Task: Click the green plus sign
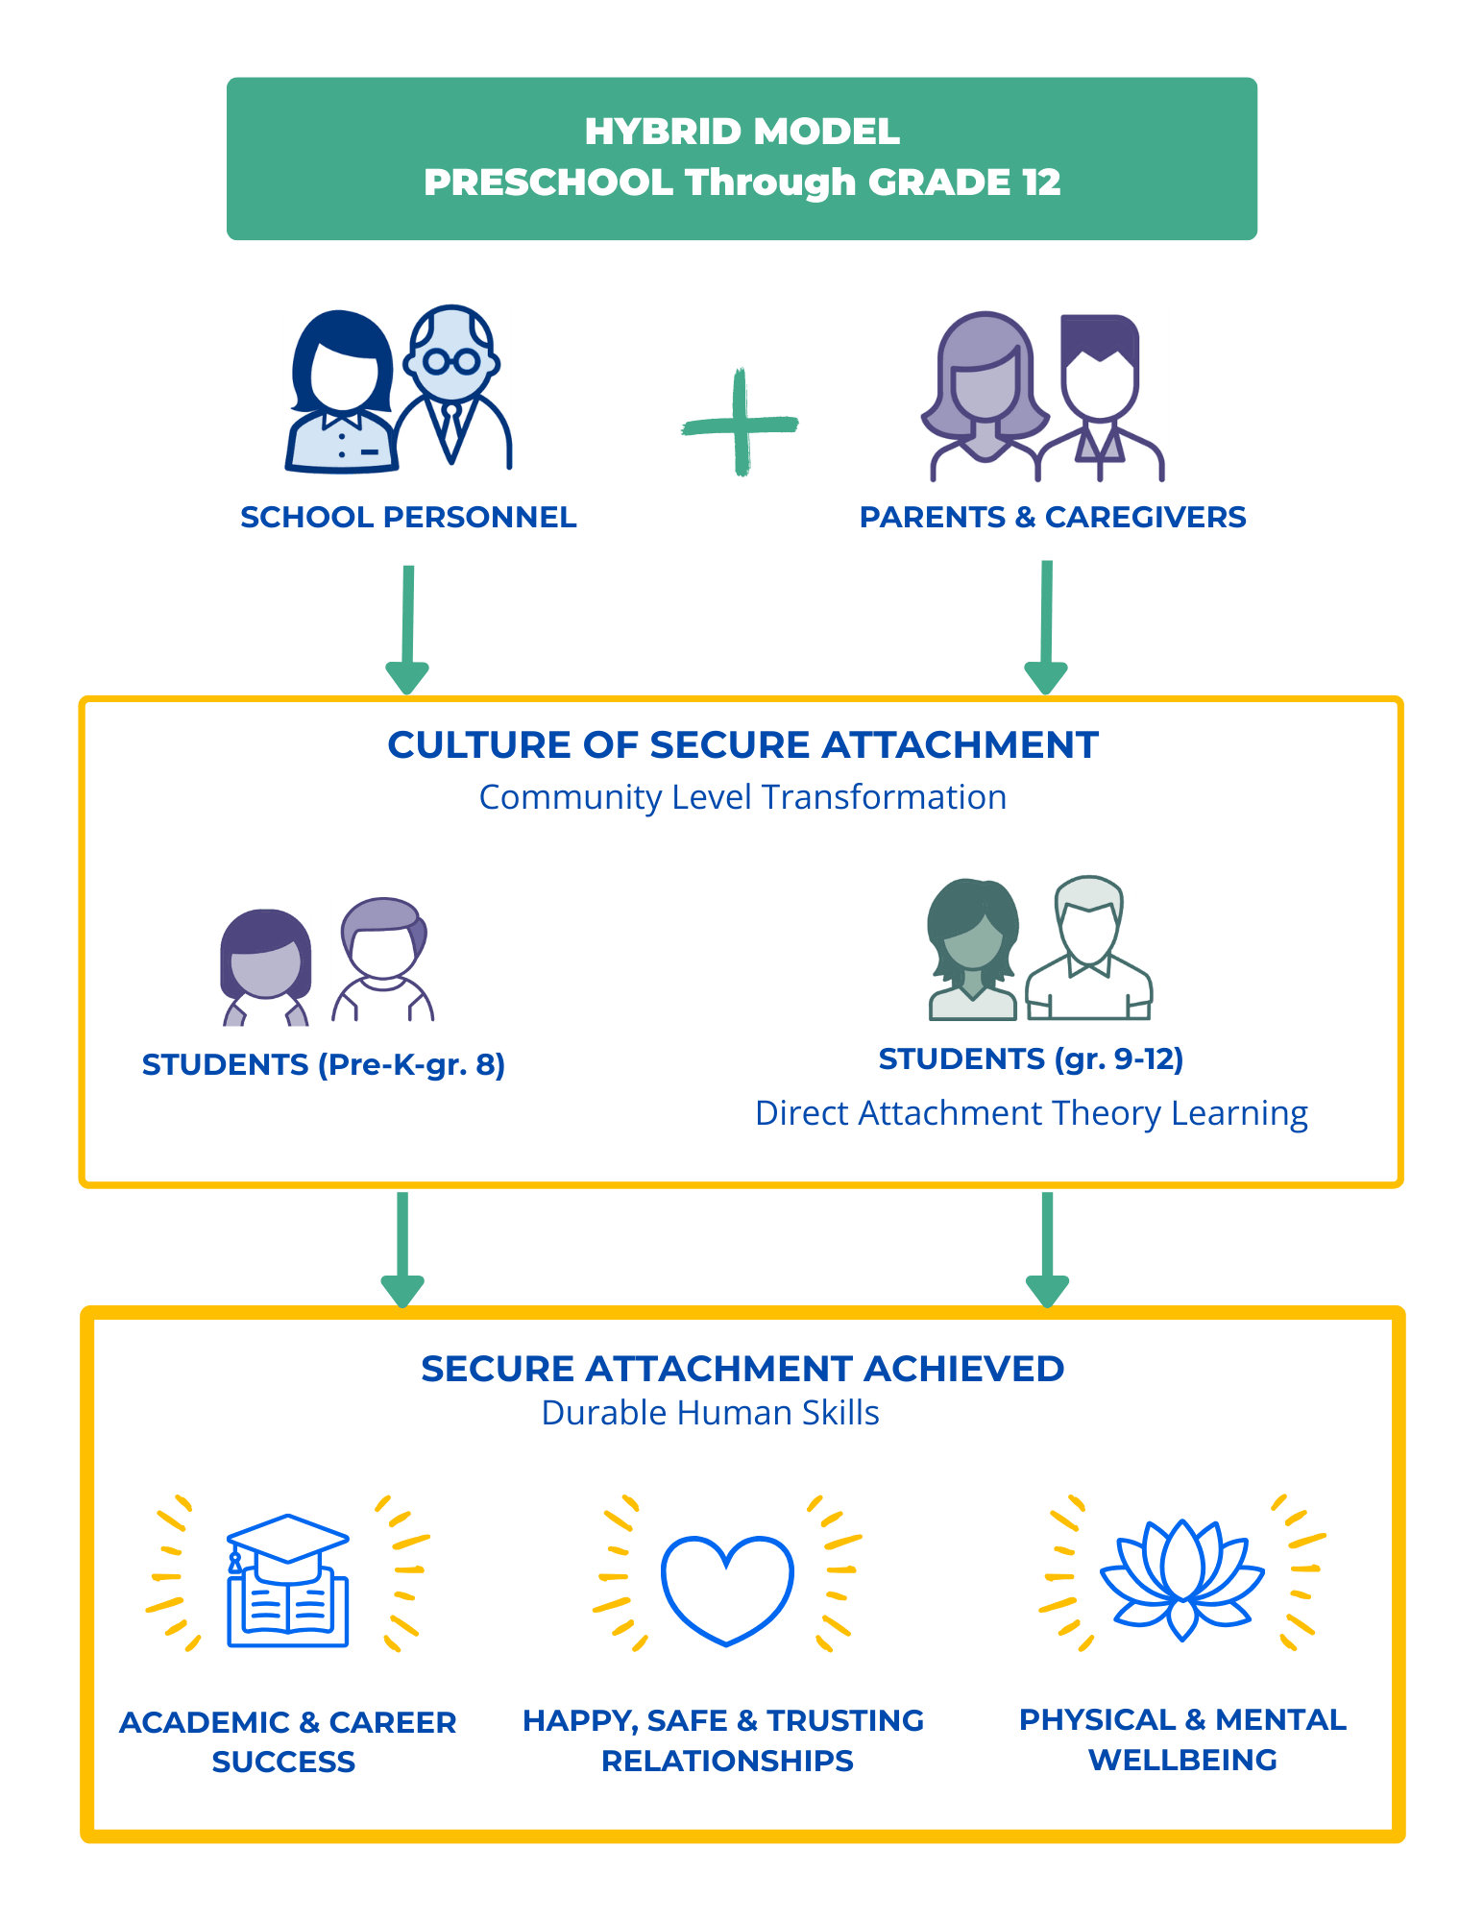[740, 423]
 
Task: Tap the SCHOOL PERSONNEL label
[408, 517]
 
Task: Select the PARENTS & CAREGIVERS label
[1052, 517]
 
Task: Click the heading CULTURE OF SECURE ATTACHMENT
[742, 745]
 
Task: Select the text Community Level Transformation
[742, 797]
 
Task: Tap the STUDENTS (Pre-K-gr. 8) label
[323, 1064]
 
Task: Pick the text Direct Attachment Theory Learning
[1031, 1113]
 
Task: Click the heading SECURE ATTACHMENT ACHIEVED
[742, 1369]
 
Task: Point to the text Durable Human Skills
[710, 1413]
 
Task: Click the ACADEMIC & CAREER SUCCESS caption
[286, 1741]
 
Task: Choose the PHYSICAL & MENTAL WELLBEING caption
[1182, 1739]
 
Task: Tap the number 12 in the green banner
[1041, 182]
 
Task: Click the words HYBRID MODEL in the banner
[742, 131]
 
